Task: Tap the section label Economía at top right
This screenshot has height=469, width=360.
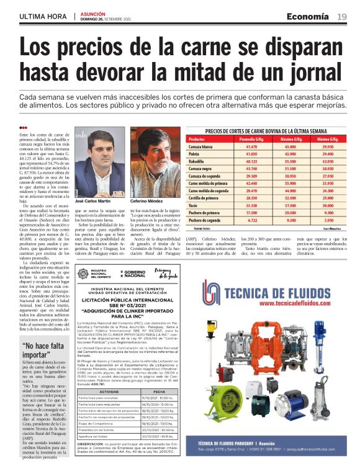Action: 307,16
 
